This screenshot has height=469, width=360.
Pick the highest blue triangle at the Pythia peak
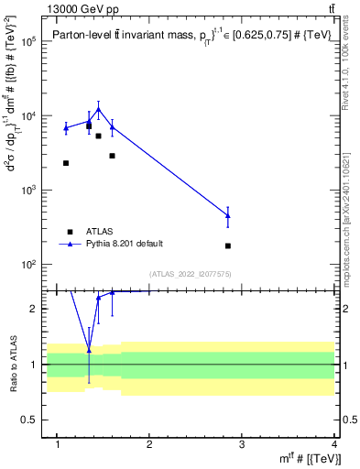(x=98, y=110)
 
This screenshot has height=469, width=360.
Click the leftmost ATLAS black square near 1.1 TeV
(x=66, y=163)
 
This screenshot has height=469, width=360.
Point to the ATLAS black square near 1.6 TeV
(x=112, y=156)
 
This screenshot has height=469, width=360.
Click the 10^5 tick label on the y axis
(x=30, y=42)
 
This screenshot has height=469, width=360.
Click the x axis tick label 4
(x=335, y=445)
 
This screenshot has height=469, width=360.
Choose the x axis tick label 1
(x=59, y=445)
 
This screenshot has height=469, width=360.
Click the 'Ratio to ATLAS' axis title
(x=13, y=364)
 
